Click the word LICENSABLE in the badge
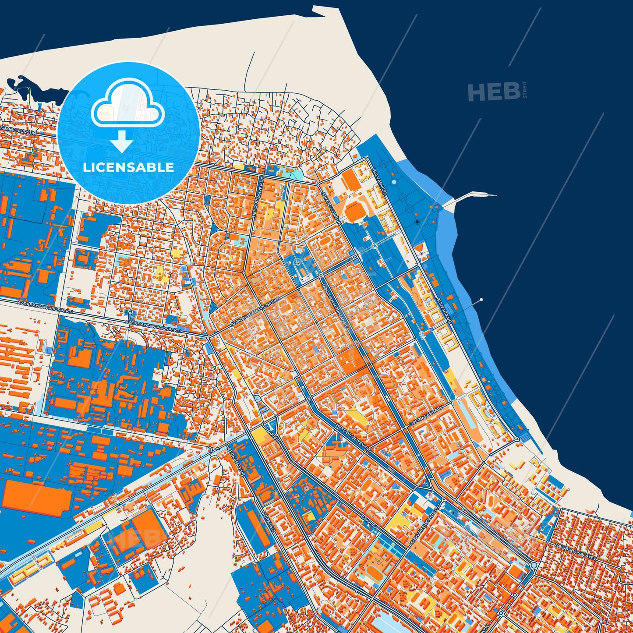pyautogui.click(x=128, y=167)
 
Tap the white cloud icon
pyautogui.click(x=127, y=104)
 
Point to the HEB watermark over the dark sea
pyautogui.click(x=494, y=92)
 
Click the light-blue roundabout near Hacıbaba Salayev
pyautogui.click(x=534, y=566)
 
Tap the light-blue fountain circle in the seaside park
pyautogui.click(x=394, y=182)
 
